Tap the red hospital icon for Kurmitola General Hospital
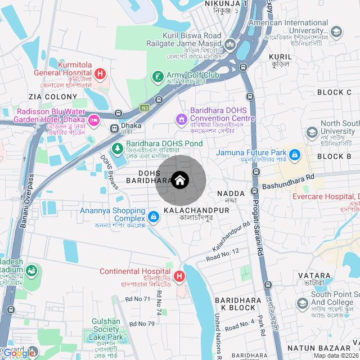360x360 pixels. (x=100, y=73)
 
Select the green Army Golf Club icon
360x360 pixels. (x=159, y=76)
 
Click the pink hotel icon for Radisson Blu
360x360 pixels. (x=93, y=119)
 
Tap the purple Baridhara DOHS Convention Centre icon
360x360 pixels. (x=181, y=119)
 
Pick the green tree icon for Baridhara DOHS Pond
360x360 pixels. (x=118, y=149)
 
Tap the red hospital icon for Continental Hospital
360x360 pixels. (x=179, y=276)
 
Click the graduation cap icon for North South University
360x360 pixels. (x=312, y=133)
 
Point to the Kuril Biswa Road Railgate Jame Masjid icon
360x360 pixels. (x=230, y=44)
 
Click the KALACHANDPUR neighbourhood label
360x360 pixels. (x=196, y=210)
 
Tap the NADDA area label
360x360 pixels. (x=231, y=193)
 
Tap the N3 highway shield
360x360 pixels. (x=145, y=107)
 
